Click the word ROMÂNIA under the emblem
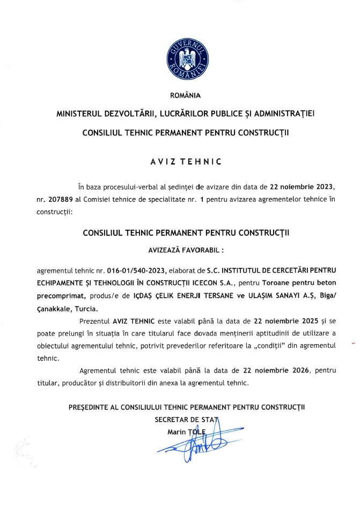coord(185,96)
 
